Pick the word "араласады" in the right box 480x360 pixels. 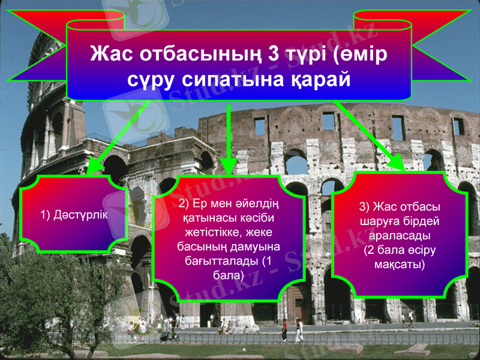coord(399,235)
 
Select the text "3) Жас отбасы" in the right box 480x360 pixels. coord(399,207)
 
